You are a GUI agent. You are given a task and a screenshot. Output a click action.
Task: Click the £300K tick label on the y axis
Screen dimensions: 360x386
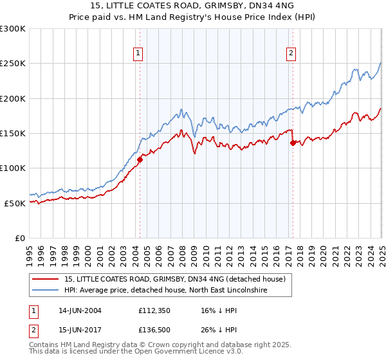[13, 29]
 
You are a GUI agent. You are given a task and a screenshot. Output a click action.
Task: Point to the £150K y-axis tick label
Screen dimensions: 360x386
[13, 133]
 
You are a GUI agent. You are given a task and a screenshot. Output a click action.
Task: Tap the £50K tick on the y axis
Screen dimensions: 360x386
[15, 203]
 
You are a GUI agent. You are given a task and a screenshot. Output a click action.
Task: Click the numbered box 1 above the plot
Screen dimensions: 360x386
[139, 53]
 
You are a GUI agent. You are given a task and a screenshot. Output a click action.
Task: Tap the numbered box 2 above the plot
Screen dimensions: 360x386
[291, 53]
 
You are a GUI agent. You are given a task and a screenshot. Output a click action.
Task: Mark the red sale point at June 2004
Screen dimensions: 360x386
[140, 159]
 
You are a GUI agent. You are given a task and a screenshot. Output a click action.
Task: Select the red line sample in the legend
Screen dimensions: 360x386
[46, 279]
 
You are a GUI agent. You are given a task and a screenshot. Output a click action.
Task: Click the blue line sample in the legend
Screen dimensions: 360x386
[46, 290]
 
